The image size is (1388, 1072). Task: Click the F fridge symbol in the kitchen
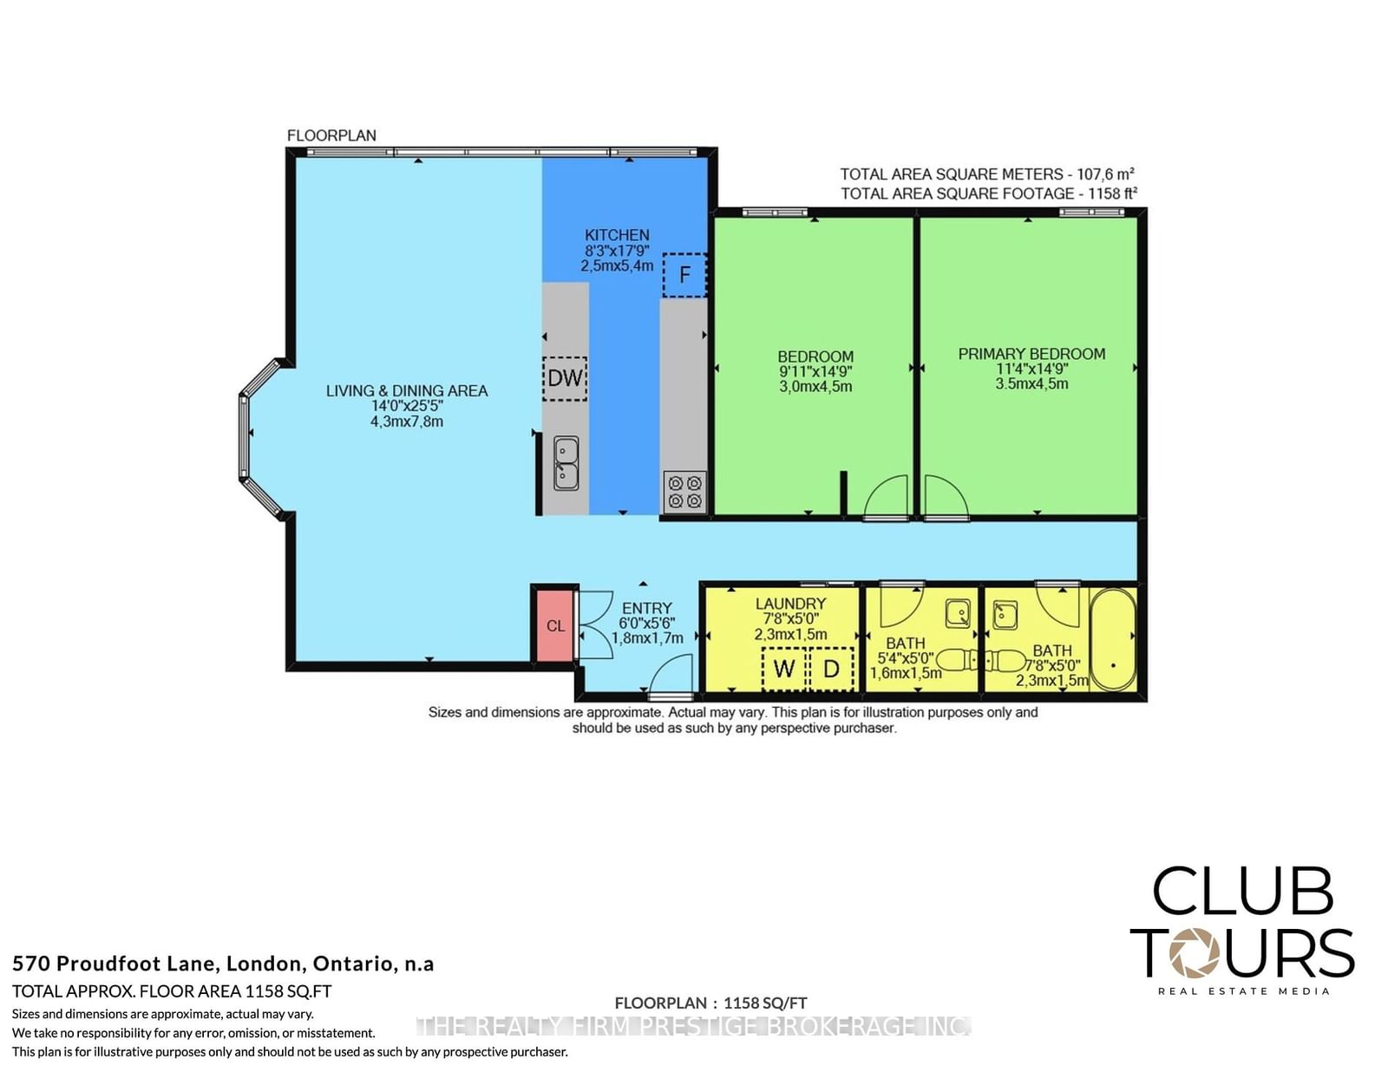point(684,275)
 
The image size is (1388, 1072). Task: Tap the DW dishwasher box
point(565,379)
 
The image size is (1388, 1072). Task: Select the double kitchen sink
point(566,463)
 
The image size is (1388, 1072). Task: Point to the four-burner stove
point(684,492)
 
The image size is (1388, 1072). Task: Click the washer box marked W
point(784,669)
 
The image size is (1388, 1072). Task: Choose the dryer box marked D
point(831,669)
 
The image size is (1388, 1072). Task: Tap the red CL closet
point(555,625)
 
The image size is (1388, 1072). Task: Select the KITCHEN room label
point(617,235)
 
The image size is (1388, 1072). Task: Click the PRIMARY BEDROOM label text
point(1031,354)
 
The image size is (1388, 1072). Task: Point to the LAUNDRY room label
point(791,604)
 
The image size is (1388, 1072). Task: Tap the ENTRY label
point(647,608)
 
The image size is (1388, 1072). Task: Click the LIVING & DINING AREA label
point(407,391)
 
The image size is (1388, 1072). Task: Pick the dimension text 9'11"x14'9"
point(815,371)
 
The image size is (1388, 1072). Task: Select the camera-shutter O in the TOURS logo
point(1194,952)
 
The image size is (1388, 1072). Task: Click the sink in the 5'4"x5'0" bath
point(958,613)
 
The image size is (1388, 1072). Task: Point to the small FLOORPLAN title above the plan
point(331,135)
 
